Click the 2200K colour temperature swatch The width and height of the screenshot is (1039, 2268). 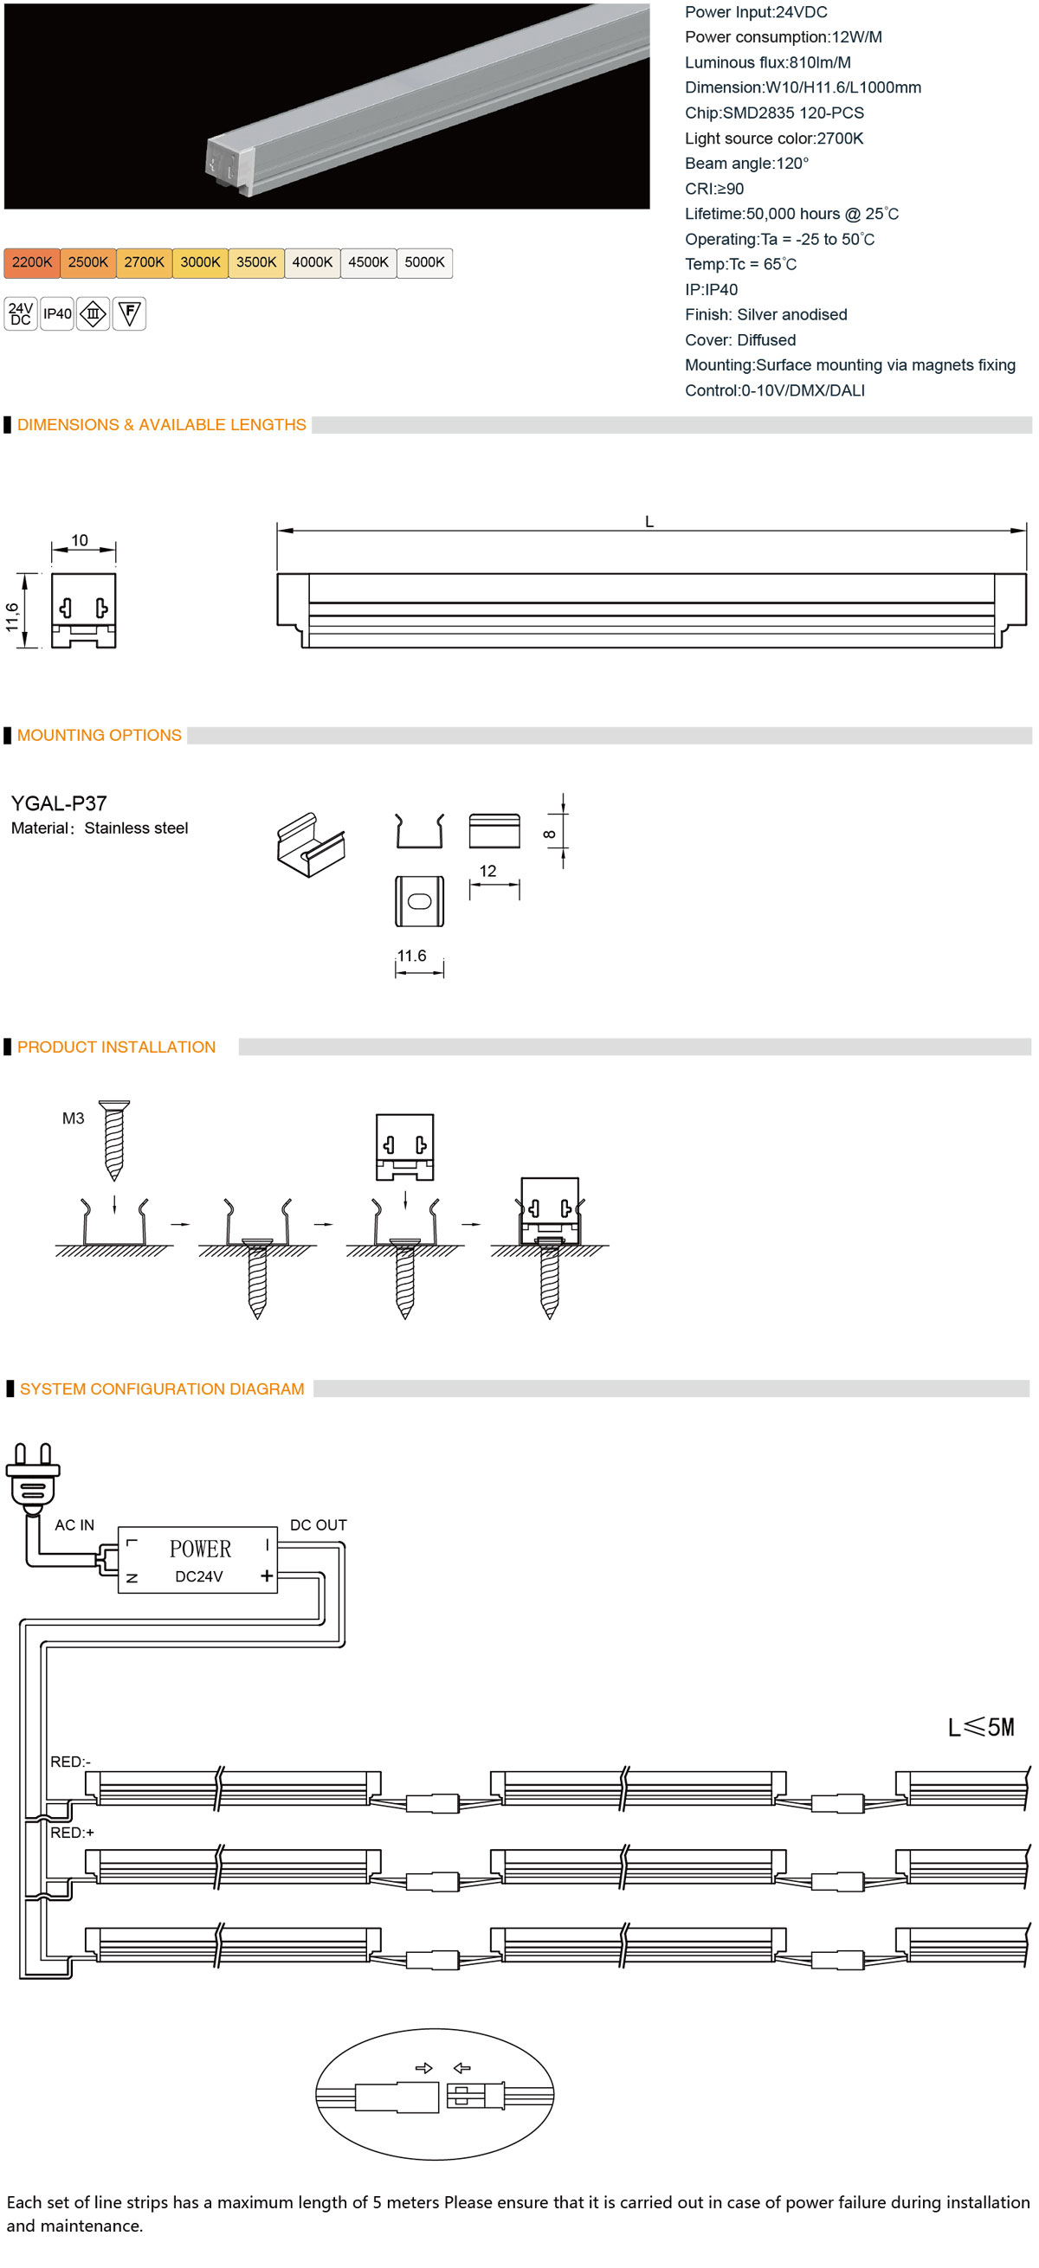(32, 262)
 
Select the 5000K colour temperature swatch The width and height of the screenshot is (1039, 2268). (424, 262)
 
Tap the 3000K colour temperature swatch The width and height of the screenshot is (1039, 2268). (200, 262)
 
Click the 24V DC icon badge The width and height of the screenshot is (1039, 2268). (20, 313)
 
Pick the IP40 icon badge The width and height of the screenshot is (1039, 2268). (57, 313)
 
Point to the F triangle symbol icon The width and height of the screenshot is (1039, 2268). (129, 313)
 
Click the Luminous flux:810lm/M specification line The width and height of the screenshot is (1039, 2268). (768, 62)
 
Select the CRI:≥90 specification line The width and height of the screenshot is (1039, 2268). (714, 189)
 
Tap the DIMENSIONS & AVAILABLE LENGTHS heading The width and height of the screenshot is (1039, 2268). (162, 424)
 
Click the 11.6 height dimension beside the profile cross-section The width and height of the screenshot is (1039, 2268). (12, 616)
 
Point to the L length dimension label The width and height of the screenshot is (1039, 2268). (649, 521)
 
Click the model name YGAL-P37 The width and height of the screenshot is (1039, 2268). (58, 803)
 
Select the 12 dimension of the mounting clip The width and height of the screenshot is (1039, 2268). (487, 871)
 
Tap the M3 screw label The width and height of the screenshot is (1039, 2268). (73, 1118)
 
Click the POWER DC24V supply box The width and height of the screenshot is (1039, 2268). (198, 1559)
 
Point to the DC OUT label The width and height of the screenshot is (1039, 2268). (318, 1525)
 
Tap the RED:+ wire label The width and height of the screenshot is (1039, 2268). (72, 1833)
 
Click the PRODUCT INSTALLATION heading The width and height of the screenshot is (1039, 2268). (116, 1047)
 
